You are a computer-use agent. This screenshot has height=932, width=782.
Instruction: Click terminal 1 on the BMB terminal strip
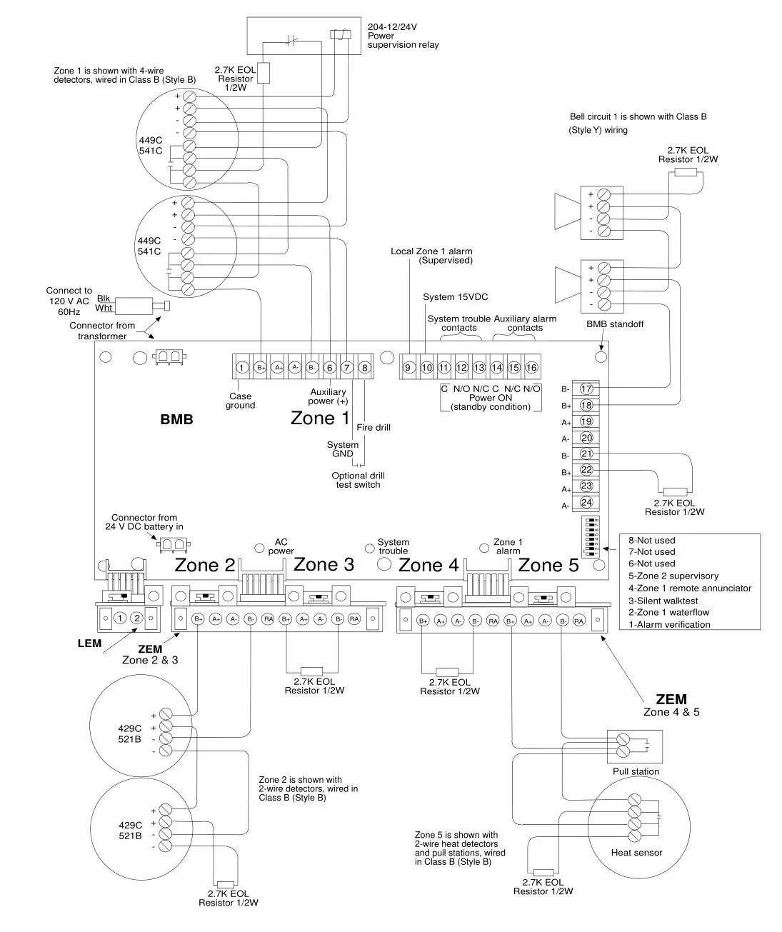[x=242, y=368]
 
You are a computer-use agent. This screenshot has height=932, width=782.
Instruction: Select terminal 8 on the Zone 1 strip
[x=364, y=368]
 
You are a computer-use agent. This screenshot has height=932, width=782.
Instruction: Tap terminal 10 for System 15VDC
[x=426, y=368]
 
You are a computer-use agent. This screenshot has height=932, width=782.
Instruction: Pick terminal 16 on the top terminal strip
[x=531, y=368]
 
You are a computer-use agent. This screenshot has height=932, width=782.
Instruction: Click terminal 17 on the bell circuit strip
[x=586, y=389]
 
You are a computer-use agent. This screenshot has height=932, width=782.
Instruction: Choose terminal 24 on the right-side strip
[x=586, y=503]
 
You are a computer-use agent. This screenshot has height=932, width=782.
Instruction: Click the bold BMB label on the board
[x=176, y=420]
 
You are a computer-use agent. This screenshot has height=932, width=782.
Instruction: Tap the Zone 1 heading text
[x=320, y=418]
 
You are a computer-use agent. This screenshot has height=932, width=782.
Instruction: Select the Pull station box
[x=635, y=746]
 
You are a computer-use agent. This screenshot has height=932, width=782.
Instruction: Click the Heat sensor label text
[x=636, y=853]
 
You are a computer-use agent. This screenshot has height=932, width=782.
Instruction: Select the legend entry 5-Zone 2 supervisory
[x=673, y=576]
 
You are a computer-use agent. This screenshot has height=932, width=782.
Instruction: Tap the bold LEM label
[x=90, y=643]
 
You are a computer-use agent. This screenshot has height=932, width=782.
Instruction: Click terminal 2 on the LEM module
[x=137, y=618]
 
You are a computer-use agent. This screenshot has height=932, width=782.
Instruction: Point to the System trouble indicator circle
[x=369, y=548]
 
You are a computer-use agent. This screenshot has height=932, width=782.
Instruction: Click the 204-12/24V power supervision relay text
[x=403, y=36]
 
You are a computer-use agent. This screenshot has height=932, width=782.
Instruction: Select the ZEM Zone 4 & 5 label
[x=671, y=705]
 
